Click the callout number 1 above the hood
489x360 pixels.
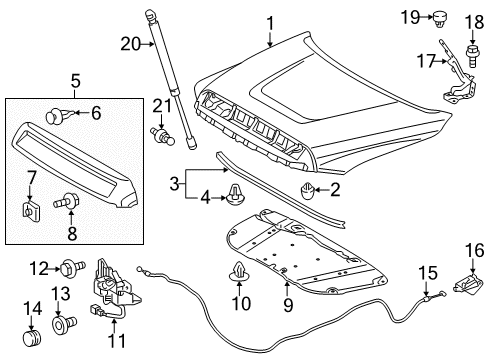268,19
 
